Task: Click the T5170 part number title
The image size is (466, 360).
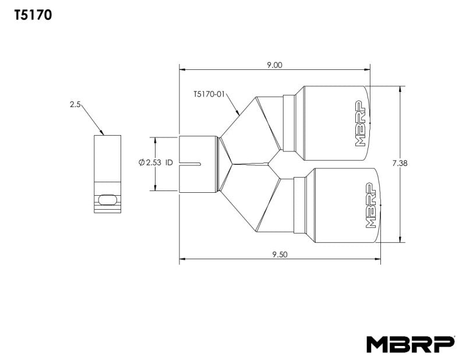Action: [x=33, y=16]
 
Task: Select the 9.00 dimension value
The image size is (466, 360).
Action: [x=274, y=65]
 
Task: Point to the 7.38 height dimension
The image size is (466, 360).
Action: [x=400, y=164]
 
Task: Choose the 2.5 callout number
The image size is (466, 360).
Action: [x=75, y=104]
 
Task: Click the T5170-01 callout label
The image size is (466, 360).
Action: [x=209, y=93]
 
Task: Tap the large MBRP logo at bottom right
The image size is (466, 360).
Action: [x=410, y=344]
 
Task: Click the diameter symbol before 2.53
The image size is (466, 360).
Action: [x=142, y=164]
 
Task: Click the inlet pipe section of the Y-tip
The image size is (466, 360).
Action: [x=199, y=164]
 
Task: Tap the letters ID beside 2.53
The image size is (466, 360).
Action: [x=169, y=164]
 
